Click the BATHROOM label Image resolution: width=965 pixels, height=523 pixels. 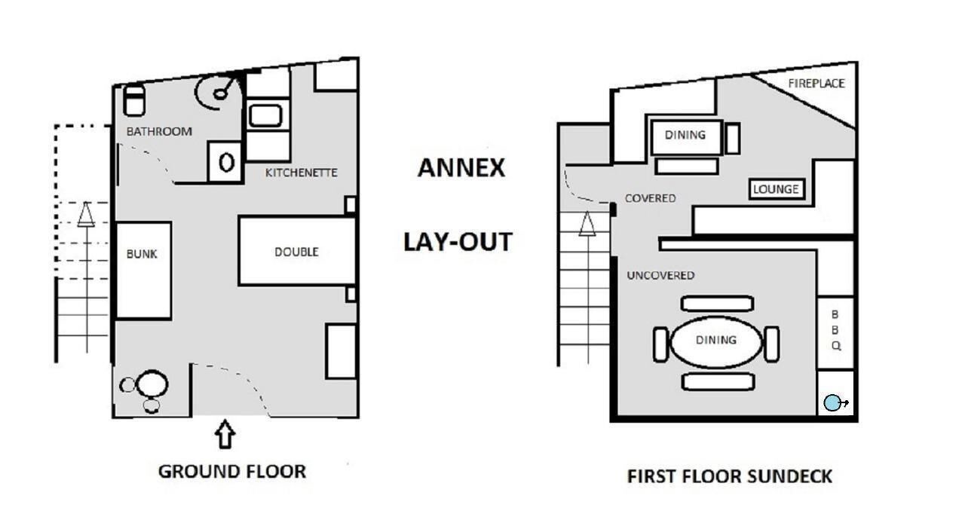159,131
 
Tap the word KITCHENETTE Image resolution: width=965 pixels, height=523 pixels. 301,173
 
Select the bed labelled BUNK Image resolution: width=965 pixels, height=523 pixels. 143,271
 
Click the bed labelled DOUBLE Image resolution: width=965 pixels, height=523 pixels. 297,251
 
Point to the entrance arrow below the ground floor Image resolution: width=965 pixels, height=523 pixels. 225,434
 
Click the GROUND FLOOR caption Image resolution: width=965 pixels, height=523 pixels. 232,471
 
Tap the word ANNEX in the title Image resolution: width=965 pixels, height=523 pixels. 461,167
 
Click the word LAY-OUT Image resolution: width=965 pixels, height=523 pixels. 458,241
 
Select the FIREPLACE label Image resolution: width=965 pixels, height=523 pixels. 816,84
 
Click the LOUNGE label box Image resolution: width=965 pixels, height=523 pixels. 777,189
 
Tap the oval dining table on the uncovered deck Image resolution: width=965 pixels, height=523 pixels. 716,342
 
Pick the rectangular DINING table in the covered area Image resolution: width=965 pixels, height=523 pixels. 686,137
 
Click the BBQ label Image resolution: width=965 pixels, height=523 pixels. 835,330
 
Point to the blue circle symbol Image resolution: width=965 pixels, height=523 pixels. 832,403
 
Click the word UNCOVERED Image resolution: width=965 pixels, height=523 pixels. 660,276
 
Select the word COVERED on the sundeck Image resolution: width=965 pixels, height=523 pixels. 650,198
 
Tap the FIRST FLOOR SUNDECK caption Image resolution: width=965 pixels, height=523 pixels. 729,476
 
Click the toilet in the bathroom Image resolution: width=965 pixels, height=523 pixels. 134,101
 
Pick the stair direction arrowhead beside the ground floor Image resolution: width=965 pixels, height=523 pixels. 86,214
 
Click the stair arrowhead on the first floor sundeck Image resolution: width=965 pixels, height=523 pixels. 587,224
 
